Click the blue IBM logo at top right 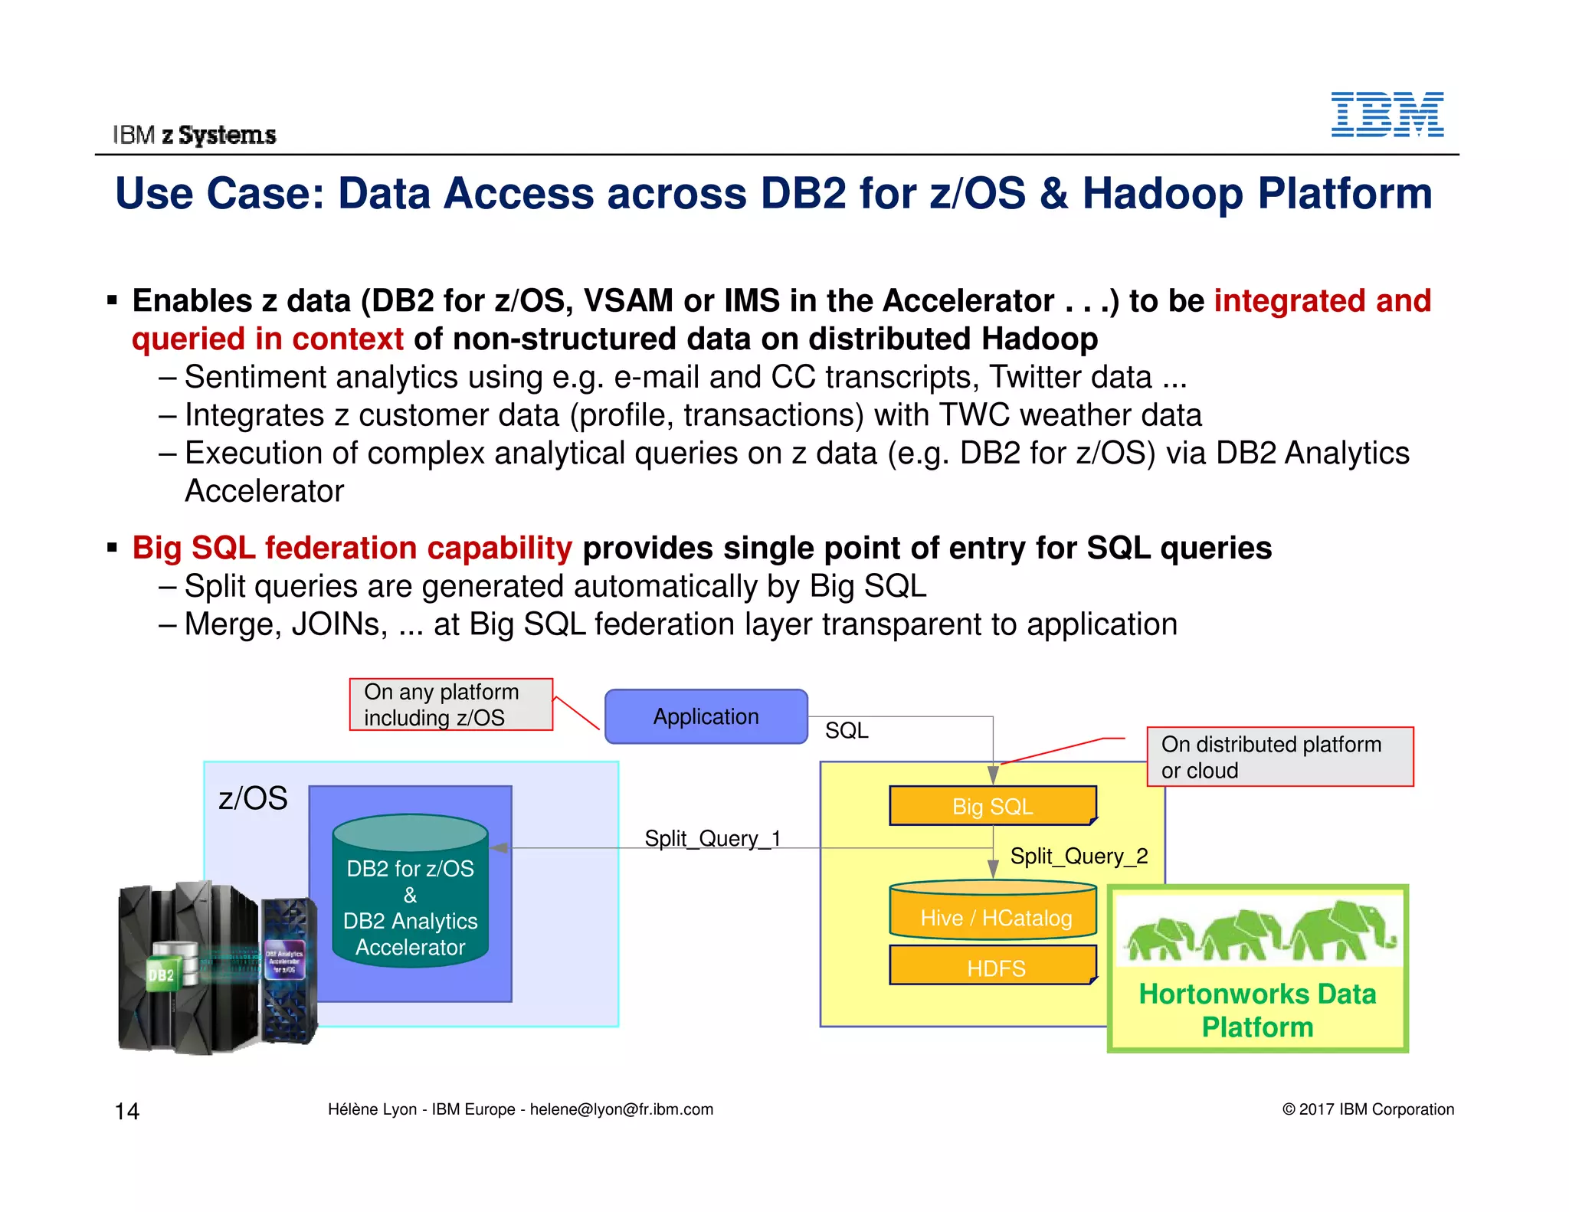pyautogui.click(x=1387, y=114)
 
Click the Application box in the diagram pyautogui.click(x=706, y=716)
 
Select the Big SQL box pyautogui.click(x=992, y=806)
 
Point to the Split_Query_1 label pyautogui.click(x=712, y=837)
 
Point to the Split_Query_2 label pyautogui.click(x=1079, y=856)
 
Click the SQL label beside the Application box pyautogui.click(x=847, y=730)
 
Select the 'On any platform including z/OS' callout pyautogui.click(x=450, y=704)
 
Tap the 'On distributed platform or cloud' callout pyautogui.click(x=1279, y=757)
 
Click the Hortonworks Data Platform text pyautogui.click(x=1257, y=1010)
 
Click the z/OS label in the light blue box pyautogui.click(x=253, y=798)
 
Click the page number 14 pyautogui.click(x=127, y=1111)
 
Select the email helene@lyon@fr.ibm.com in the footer pyautogui.click(x=621, y=1109)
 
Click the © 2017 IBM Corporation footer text pyautogui.click(x=1368, y=1109)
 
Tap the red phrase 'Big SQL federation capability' pyautogui.click(x=352, y=548)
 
